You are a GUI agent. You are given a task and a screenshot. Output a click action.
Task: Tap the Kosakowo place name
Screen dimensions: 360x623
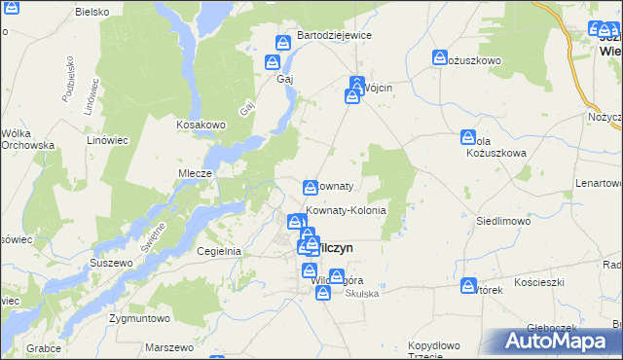[201, 125]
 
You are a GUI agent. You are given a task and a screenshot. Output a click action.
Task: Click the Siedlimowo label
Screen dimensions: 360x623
[502, 221]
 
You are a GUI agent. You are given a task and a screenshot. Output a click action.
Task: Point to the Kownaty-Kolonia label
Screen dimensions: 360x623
[347, 210]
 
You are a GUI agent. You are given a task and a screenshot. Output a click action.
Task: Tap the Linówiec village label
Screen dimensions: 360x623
[108, 139]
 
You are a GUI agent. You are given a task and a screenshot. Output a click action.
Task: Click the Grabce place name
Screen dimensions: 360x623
[45, 347]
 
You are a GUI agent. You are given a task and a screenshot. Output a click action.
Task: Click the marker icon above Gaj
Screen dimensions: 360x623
[274, 63]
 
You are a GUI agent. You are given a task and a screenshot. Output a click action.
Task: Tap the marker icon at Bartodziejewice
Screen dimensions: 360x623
[283, 43]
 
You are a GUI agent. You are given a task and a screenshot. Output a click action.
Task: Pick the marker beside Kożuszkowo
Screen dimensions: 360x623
[440, 58]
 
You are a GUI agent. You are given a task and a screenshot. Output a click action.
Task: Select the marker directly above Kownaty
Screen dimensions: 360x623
[311, 187]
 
